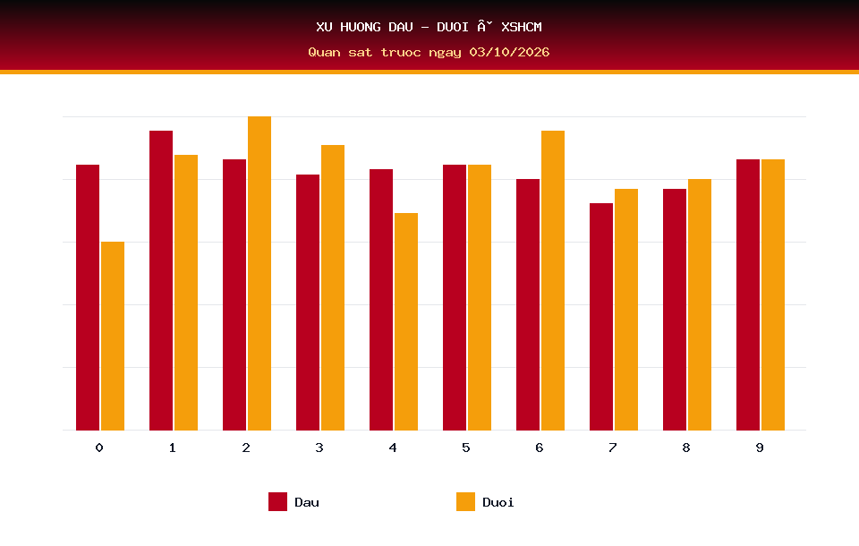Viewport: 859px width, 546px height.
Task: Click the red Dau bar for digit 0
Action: [88, 297]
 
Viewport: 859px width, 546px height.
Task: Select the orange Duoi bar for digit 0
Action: [113, 336]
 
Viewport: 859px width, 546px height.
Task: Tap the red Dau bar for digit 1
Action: [161, 280]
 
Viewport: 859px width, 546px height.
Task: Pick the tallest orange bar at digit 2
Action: [259, 273]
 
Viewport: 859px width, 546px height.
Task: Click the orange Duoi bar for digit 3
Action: [333, 288]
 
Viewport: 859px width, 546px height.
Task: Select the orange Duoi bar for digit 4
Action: [406, 322]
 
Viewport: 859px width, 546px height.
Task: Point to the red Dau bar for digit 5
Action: [455, 297]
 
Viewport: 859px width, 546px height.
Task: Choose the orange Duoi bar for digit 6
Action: [553, 280]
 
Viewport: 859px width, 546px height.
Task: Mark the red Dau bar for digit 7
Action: [601, 317]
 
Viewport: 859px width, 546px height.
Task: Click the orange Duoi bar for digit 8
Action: [700, 305]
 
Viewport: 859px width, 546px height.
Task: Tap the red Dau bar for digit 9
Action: [748, 294]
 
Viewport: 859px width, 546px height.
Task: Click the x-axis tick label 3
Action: [319, 448]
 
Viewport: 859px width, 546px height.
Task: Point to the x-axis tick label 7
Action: [612, 448]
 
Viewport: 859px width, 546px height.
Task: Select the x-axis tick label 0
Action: [99, 448]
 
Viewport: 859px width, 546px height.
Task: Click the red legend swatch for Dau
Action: [277, 501]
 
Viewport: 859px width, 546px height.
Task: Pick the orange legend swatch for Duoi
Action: [465, 501]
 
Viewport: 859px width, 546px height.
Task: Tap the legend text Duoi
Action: [498, 502]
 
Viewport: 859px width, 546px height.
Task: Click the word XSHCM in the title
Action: [522, 27]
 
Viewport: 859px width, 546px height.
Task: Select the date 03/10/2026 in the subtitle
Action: [509, 52]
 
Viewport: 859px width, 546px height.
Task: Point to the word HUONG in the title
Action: [361, 27]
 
